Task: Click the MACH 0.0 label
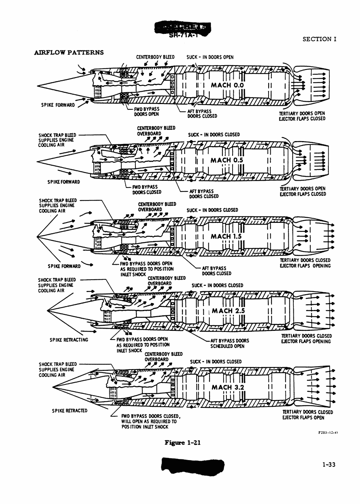[x=227, y=85]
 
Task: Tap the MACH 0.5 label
[x=227, y=160]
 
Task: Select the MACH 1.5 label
[x=226, y=237]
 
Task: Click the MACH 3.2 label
[x=228, y=387]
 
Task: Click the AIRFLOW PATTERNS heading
[x=69, y=53]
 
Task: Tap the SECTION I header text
[x=319, y=39]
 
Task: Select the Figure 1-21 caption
[x=182, y=443]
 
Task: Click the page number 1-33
[x=329, y=465]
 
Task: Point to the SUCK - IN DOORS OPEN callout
[x=210, y=57]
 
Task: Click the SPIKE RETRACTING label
[x=69, y=340]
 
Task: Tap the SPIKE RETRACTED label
[x=69, y=411]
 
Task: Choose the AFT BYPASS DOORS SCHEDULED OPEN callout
[x=229, y=343]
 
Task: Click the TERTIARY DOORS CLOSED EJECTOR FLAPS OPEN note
[x=307, y=415]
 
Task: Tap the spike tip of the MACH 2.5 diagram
[x=47, y=310]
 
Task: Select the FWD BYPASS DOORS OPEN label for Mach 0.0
[x=147, y=112]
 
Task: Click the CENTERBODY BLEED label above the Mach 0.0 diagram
[x=155, y=57]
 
